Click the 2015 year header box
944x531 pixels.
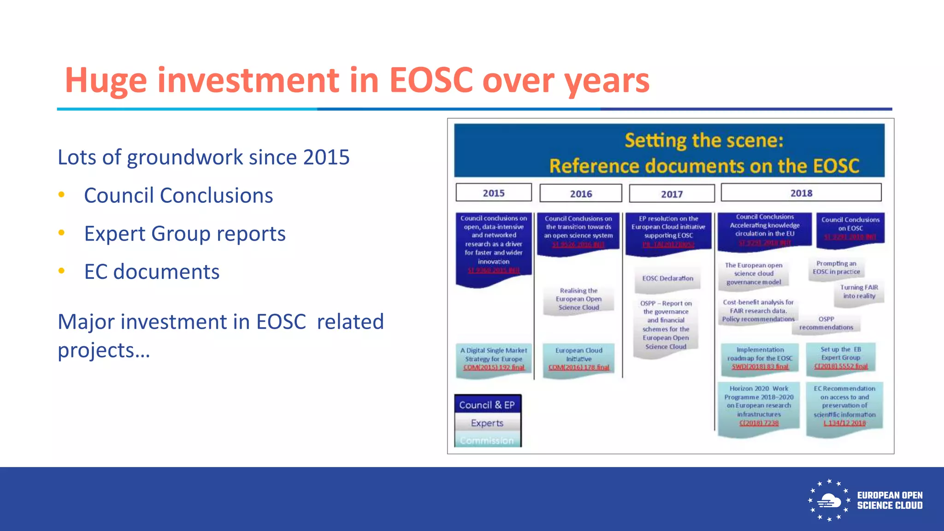click(494, 193)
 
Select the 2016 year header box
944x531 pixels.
click(581, 194)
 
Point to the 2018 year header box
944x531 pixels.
click(801, 193)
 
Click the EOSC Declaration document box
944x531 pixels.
click(667, 279)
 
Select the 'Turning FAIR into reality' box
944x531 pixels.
click(859, 292)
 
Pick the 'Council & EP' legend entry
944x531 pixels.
click(487, 405)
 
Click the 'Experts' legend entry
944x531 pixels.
click(487, 423)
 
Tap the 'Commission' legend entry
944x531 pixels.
click(487, 440)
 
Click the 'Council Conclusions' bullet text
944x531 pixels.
click(178, 195)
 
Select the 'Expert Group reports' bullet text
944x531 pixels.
click(185, 234)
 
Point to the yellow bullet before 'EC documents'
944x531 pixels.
click(61, 271)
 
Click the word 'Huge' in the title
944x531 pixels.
click(106, 81)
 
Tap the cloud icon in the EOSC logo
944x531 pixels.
click(828, 501)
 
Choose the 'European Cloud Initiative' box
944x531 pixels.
click(578, 359)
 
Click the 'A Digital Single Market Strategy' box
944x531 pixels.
click(494, 359)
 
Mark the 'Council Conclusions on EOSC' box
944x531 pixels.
click(850, 228)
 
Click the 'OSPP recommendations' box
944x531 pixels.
click(826, 324)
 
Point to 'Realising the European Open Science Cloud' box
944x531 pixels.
click(578, 299)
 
